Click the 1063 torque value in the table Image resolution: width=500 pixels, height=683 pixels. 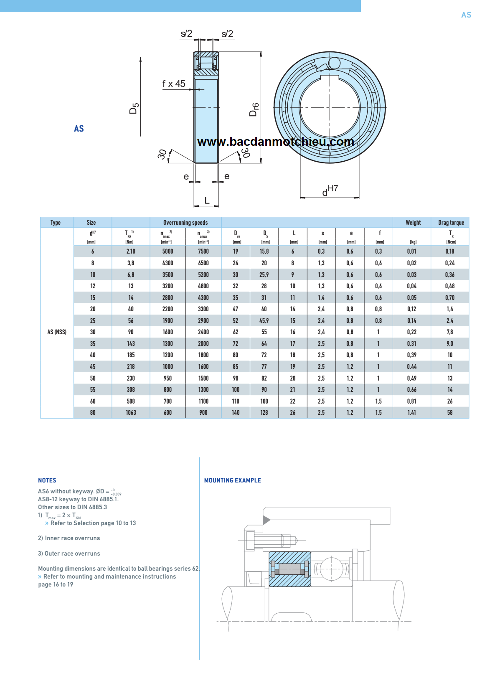pos(131,413)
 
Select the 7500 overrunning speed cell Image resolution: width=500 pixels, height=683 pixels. pos(203,251)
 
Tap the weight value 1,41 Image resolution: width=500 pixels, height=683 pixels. pos(411,413)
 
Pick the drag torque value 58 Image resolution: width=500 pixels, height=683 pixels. pos(450,413)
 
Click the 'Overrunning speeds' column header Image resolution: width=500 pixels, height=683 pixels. pos(185,223)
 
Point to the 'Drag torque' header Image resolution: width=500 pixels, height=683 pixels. pos(451,223)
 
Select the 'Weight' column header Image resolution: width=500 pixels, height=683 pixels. pos(413,223)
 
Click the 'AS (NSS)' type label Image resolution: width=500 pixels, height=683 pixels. pos(57,332)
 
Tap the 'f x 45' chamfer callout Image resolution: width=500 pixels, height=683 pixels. pos(174,84)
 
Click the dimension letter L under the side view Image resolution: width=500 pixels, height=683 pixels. pos(207,201)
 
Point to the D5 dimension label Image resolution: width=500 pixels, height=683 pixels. pos(134,108)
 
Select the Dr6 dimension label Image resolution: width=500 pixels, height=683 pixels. pos(254,109)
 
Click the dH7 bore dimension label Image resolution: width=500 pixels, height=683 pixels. pos(330,190)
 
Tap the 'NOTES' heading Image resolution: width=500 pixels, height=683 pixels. pos(47,480)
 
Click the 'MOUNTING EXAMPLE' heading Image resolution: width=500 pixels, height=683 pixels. pos(232,480)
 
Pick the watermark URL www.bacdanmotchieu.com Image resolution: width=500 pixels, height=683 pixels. pos(276,142)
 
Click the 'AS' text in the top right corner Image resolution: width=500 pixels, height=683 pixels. pos(466,15)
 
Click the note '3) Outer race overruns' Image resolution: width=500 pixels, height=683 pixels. pos(69,554)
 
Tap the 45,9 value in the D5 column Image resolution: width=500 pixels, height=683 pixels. pos(264,321)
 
